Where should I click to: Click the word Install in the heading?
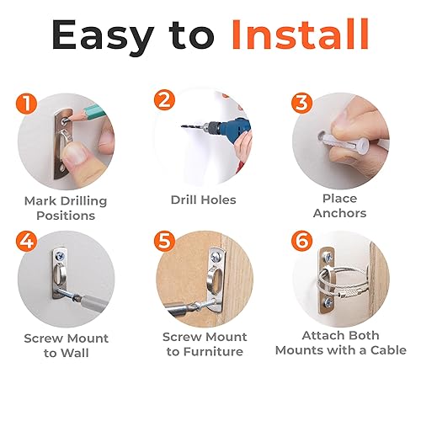click(x=299, y=35)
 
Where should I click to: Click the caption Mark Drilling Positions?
click(x=71, y=208)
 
